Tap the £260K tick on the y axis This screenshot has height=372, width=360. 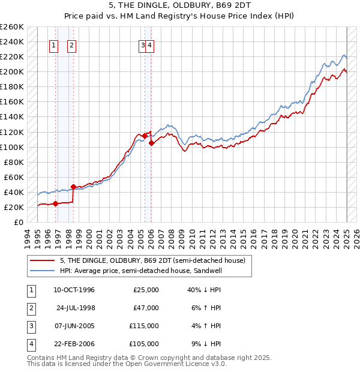click(x=12, y=27)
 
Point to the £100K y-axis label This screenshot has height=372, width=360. click(x=12, y=147)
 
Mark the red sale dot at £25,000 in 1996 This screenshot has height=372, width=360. click(x=56, y=203)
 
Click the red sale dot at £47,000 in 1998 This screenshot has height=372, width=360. click(x=73, y=187)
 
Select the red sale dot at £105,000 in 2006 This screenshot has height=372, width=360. click(x=151, y=143)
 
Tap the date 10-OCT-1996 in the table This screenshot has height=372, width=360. click(x=74, y=290)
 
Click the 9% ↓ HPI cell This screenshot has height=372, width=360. click(x=203, y=344)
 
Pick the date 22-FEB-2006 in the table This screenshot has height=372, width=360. click(x=74, y=344)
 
